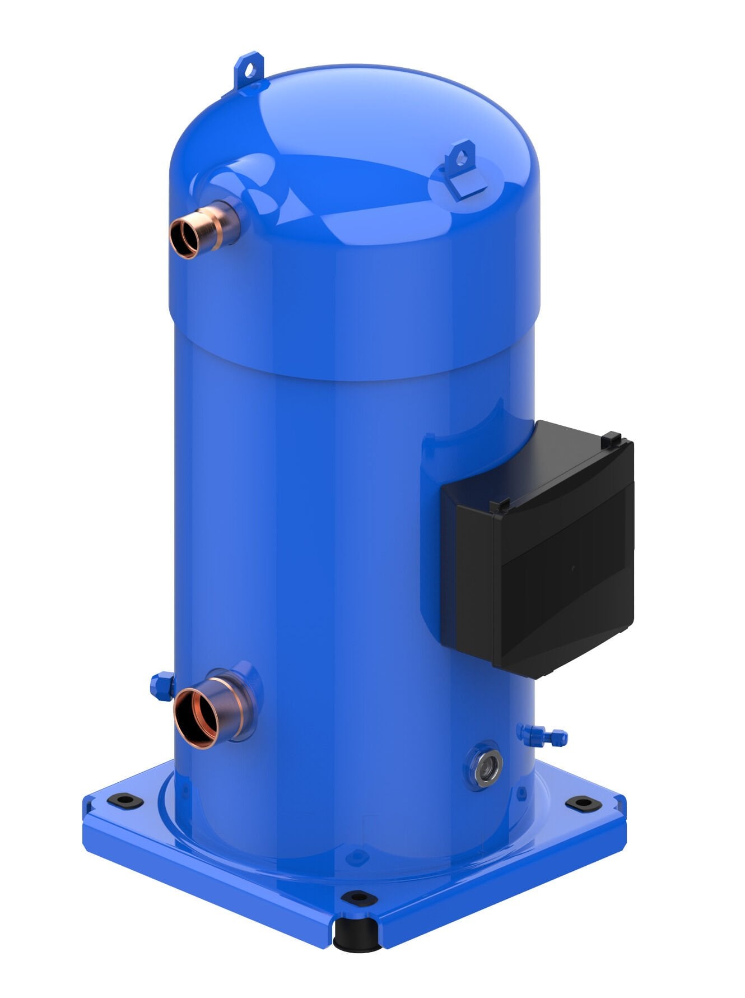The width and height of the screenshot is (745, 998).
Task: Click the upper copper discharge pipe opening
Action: pyautogui.click(x=184, y=238)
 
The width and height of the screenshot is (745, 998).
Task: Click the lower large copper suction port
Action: pyautogui.click(x=196, y=719)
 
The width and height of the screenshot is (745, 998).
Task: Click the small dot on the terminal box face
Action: pyautogui.click(x=572, y=568)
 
